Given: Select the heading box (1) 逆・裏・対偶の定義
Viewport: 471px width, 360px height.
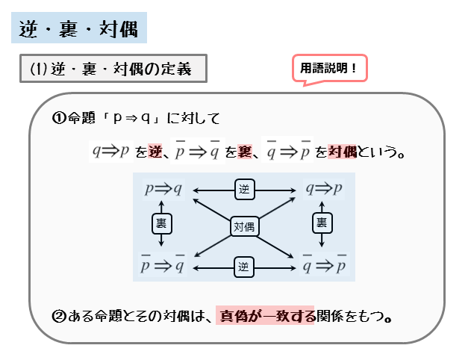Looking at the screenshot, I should click(112, 69).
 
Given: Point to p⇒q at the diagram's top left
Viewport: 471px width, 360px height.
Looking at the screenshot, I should click(163, 190).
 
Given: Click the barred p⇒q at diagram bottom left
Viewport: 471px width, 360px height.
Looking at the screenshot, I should click(163, 265).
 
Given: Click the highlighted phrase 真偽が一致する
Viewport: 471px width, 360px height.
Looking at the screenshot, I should click(266, 316).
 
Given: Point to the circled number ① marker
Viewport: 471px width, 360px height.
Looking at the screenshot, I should click(59, 118).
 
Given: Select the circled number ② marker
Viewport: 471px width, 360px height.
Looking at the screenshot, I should click(59, 316).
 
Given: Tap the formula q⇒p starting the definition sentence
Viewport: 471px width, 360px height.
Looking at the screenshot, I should click(111, 152).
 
